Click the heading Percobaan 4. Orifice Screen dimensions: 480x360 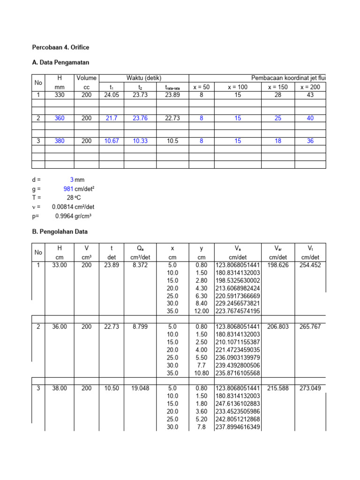60,47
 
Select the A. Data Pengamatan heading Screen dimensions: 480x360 60,62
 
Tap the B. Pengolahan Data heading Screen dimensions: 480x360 60,232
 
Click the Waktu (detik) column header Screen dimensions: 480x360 144,78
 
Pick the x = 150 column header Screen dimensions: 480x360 278,87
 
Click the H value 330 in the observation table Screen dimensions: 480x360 60,95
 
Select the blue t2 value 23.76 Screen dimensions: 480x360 140,118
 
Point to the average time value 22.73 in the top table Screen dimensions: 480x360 172,118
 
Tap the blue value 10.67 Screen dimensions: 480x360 112,141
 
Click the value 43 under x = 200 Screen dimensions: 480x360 310,95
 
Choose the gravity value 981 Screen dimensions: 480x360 67,188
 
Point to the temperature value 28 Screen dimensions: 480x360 70,197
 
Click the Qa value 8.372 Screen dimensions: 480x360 141,265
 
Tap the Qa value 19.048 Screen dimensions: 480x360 141,388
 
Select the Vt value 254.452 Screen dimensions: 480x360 310,265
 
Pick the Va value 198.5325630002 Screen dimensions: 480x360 238,280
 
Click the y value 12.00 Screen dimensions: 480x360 201,311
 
